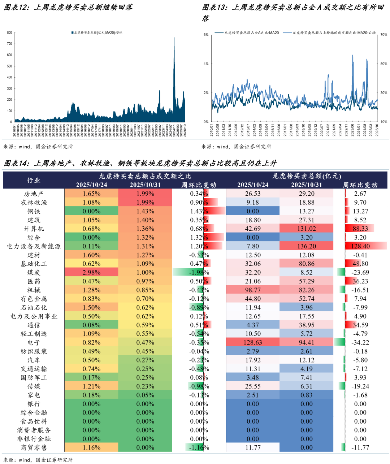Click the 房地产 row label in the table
(34, 194)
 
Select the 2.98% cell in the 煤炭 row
(91, 273)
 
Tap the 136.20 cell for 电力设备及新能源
(307, 246)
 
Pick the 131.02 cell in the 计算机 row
(307, 229)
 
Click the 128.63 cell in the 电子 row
(253, 343)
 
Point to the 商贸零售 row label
(34, 448)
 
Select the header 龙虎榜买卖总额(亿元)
(307, 176)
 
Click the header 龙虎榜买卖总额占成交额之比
(145, 176)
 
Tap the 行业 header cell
(34, 180)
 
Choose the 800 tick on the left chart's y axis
(9, 32)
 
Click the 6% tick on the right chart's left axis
(206, 35)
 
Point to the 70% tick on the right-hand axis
(383, 35)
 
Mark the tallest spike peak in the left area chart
(174, 38)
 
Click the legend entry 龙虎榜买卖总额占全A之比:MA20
(249, 33)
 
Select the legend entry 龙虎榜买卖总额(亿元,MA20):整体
(97, 32)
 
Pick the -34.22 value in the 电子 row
(360, 343)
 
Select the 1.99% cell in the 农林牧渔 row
(145, 203)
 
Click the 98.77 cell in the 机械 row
(253, 290)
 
